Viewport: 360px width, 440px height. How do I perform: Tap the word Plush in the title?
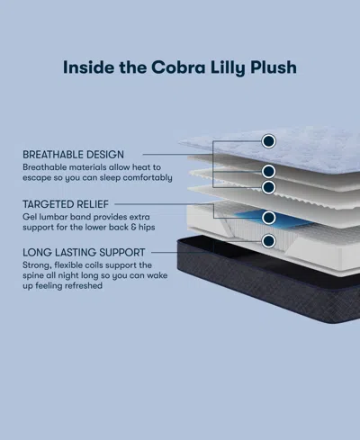[x=274, y=67]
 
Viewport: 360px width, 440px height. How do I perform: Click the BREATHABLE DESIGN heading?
[x=74, y=155]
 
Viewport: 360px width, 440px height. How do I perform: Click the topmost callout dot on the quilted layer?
[x=268, y=140]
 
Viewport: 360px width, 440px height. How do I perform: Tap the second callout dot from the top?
[x=268, y=171]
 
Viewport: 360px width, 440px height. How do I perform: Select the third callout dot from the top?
[x=268, y=187]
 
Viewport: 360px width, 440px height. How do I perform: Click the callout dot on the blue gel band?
[x=268, y=217]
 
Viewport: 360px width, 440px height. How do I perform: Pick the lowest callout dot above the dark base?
[x=268, y=241]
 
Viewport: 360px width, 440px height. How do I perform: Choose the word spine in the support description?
[x=36, y=279]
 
